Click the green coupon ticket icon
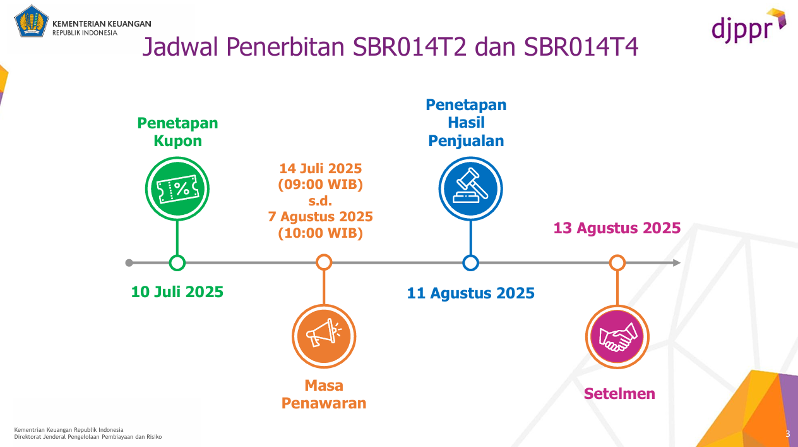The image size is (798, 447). point(177,188)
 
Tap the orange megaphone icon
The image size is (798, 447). point(323,336)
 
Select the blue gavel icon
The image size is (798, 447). point(470,188)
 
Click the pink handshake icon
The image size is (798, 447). point(617,336)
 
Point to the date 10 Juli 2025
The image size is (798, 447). point(177,292)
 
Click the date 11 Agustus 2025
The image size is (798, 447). point(470,293)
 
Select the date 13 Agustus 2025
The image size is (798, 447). point(617,228)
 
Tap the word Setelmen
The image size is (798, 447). point(619,393)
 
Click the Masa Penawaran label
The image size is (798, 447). point(323,395)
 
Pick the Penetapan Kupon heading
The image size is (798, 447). point(177,132)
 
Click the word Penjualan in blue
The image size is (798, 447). point(466,140)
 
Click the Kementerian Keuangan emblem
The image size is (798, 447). point(32,21)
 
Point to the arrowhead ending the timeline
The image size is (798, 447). point(676,262)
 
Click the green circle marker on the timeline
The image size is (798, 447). point(177,262)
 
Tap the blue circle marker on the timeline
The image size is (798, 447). point(470,262)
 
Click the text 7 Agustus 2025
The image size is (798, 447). point(321,217)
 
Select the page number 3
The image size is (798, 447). point(787,434)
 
